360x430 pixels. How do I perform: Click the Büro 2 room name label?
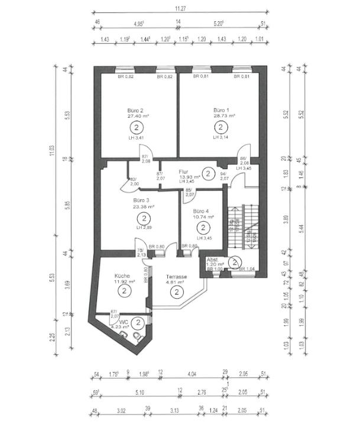[x=136, y=111]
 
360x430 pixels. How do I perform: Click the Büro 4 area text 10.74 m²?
[x=202, y=217]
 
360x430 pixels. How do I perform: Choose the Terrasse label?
[x=176, y=276]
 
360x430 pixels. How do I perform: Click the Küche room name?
[x=122, y=276]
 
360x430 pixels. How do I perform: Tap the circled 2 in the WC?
[x=137, y=322]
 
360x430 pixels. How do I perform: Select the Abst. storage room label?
[x=212, y=260]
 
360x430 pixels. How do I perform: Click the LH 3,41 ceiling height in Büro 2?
[x=136, y=138]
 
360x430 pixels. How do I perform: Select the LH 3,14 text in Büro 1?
[x=221, y=137]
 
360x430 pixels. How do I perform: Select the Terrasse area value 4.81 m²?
[x=176, y=282]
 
